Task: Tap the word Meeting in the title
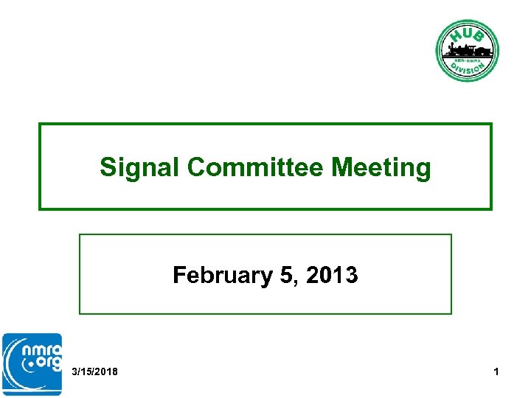click(381, 167)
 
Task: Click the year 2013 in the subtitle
click(332, 276)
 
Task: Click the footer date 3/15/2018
click(95, 371)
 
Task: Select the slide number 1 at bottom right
click(496, 371)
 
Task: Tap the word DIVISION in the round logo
click(467, 66)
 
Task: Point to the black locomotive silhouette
click(461, 50)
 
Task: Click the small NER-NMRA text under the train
click(467, 59)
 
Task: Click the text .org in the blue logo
click(42, 363)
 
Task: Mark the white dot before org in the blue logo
click(28, 363)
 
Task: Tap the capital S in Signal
click(108, 167)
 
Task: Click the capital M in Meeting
click(341, 167)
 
